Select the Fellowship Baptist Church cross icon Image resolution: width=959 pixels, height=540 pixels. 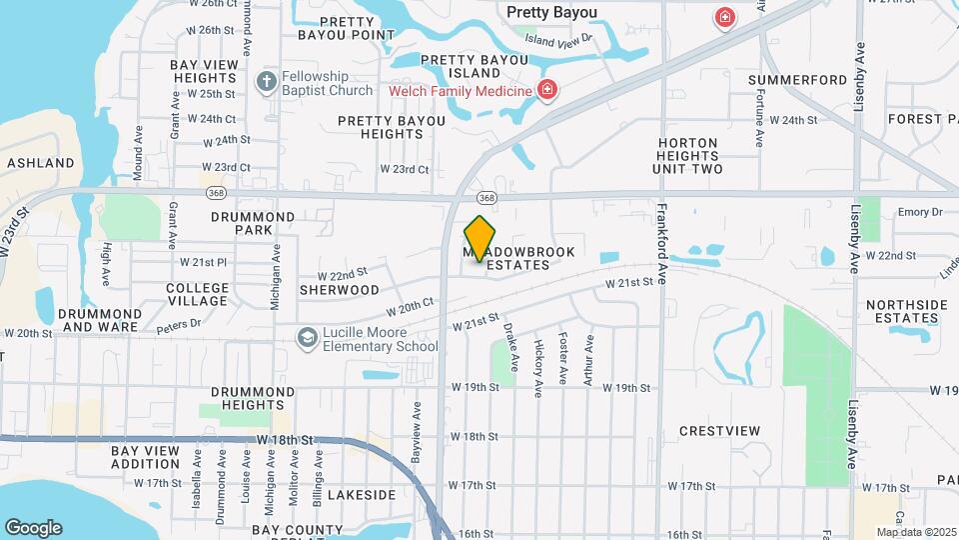[266, 81]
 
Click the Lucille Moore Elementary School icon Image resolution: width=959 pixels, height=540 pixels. [307, 339]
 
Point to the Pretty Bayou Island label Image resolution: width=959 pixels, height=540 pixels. [460, 66]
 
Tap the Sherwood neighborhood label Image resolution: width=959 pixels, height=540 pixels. [339, 290]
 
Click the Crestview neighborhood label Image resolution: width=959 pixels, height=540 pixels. [719, 431]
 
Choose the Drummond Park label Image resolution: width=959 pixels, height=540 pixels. [253, 223]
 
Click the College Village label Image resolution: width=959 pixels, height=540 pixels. [197, 294]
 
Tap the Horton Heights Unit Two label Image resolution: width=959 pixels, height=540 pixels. [687, 156]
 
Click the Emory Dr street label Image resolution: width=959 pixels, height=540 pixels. [920, 212]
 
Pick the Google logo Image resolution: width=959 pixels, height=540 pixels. [33, 528]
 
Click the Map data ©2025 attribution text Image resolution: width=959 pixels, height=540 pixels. [916, 532]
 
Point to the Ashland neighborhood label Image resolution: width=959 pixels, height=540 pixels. [41, 162]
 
